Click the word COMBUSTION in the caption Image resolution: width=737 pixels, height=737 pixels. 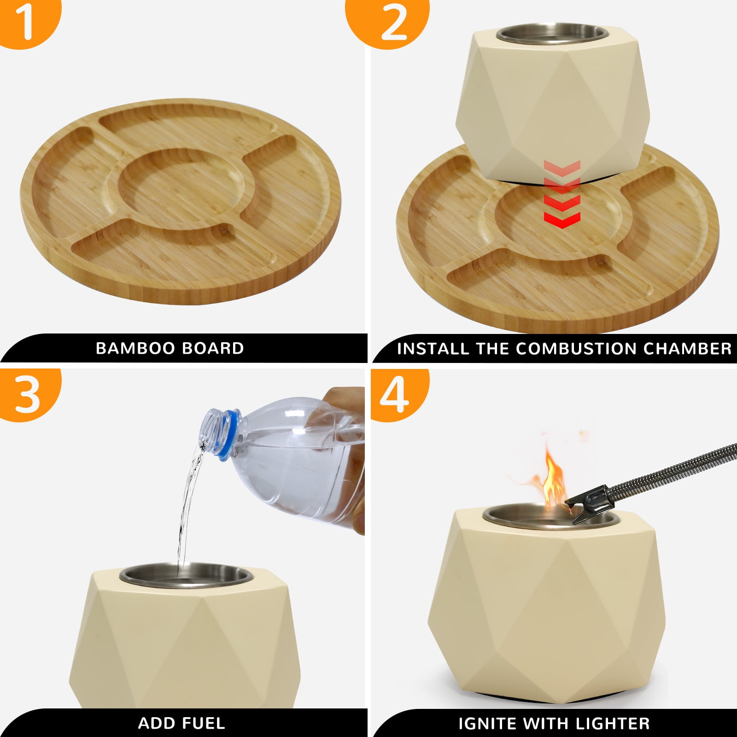pyautogui.click(x=577, y=349)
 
